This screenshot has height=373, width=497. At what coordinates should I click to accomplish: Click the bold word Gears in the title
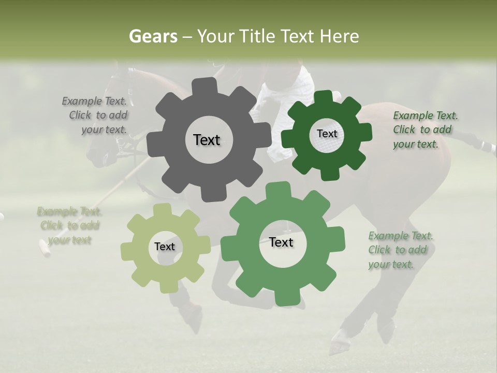[153, 36]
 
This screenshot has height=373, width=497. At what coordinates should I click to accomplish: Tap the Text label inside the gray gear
[207, 140]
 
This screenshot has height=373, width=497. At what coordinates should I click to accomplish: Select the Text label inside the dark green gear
[327, 134]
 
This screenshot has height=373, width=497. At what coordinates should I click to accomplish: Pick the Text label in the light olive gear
[165, 247]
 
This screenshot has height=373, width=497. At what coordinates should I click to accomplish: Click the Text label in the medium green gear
[281, 242]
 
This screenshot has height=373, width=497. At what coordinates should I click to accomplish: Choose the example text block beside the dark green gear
[425, 130]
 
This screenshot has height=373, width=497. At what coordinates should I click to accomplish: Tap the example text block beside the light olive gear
[69, 226]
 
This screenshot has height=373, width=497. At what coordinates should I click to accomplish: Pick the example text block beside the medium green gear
[400, 250]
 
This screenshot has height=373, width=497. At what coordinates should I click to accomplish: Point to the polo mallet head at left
[45, 248]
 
